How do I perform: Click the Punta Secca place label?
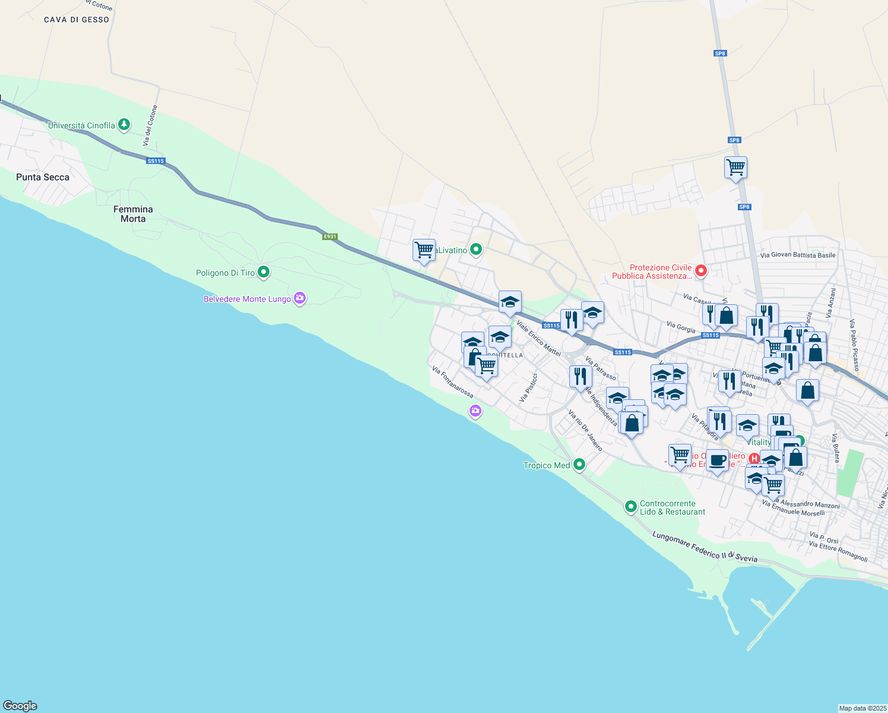[43, 177]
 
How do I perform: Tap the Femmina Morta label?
[133, 214]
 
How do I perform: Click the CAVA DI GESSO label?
[77, 20]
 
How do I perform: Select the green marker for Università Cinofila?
[124, 125]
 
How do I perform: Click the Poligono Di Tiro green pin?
[264, 272]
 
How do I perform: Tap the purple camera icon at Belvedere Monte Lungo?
[300, 298]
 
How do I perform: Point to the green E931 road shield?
[330, 236]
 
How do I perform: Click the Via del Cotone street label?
[151, 126]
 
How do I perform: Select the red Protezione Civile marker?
[701, 271]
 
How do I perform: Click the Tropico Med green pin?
[579, 465]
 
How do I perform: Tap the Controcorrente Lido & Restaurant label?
[673, 507]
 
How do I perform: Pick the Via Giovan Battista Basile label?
[798, 255]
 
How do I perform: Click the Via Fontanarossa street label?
[453, 382]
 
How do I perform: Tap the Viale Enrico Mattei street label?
[538, 338]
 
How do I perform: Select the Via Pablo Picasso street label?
[854, 345]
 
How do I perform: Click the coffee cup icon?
[717, 460]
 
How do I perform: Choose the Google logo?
[20, 706]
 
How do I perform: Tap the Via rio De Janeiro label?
[585, 430]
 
